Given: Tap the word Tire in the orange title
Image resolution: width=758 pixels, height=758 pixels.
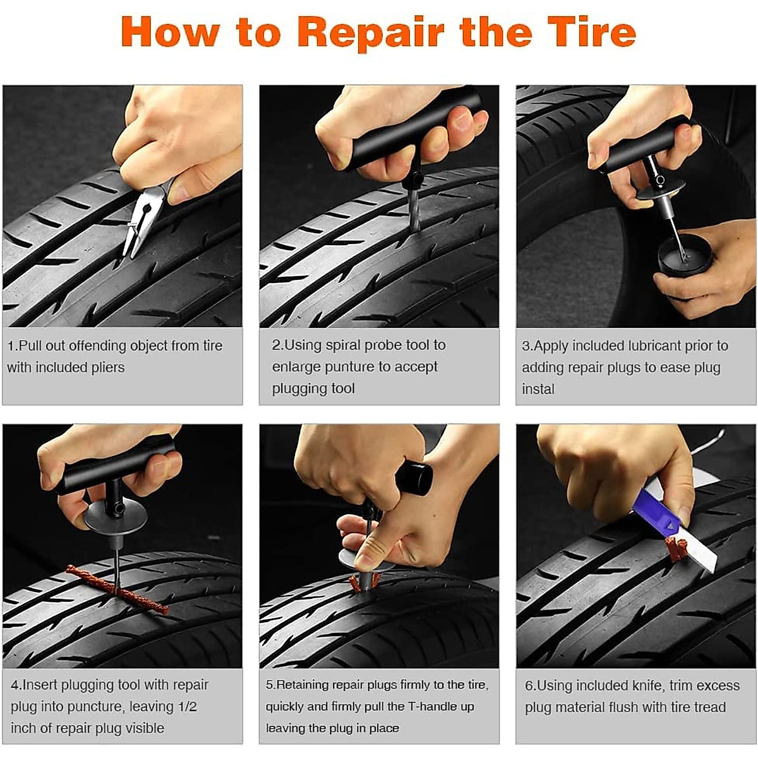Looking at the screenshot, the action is tap(591, 32).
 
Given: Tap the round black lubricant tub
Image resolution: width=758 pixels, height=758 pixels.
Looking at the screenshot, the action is tap(685, 257).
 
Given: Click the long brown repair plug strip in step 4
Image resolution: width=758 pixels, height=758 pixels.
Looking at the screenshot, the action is tap(117, 589).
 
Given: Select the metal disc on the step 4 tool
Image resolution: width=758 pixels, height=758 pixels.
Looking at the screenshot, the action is tap(115, 519).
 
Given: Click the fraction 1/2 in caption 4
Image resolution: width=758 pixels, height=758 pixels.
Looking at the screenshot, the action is tap(187, 706).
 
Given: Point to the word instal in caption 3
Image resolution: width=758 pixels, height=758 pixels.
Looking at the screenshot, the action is tap(538, 389).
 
